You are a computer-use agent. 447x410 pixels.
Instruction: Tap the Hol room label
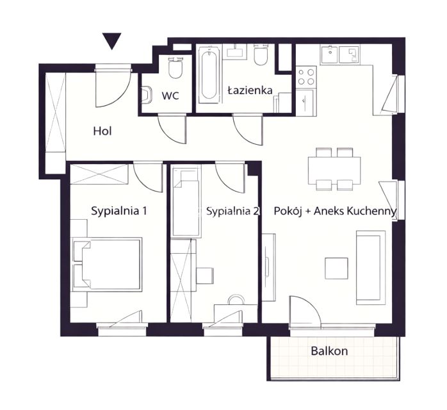coord(102,131)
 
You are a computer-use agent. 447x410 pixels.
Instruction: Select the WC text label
coord(170,95)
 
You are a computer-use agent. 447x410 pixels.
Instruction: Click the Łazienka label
coord(250,90)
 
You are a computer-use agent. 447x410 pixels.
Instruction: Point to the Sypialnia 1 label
coord(119,211)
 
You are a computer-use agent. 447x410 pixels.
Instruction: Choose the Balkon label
coord(329,350)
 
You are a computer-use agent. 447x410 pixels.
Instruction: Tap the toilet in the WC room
coord(175,67)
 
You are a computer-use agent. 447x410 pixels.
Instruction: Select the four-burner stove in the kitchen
coord(306,76)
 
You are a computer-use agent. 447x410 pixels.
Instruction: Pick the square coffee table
coord(336,268)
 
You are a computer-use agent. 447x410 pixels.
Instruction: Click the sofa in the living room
coord(371,268)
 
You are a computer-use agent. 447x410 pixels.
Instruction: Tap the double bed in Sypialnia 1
coord(107,265)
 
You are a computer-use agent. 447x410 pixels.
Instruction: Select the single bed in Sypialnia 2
coord(186,202)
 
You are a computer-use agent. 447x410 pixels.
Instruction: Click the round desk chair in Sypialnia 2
coord(236,299)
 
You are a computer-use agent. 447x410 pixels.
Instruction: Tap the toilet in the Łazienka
coord(261,54)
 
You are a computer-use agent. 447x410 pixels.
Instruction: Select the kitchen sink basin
coord(330,54)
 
